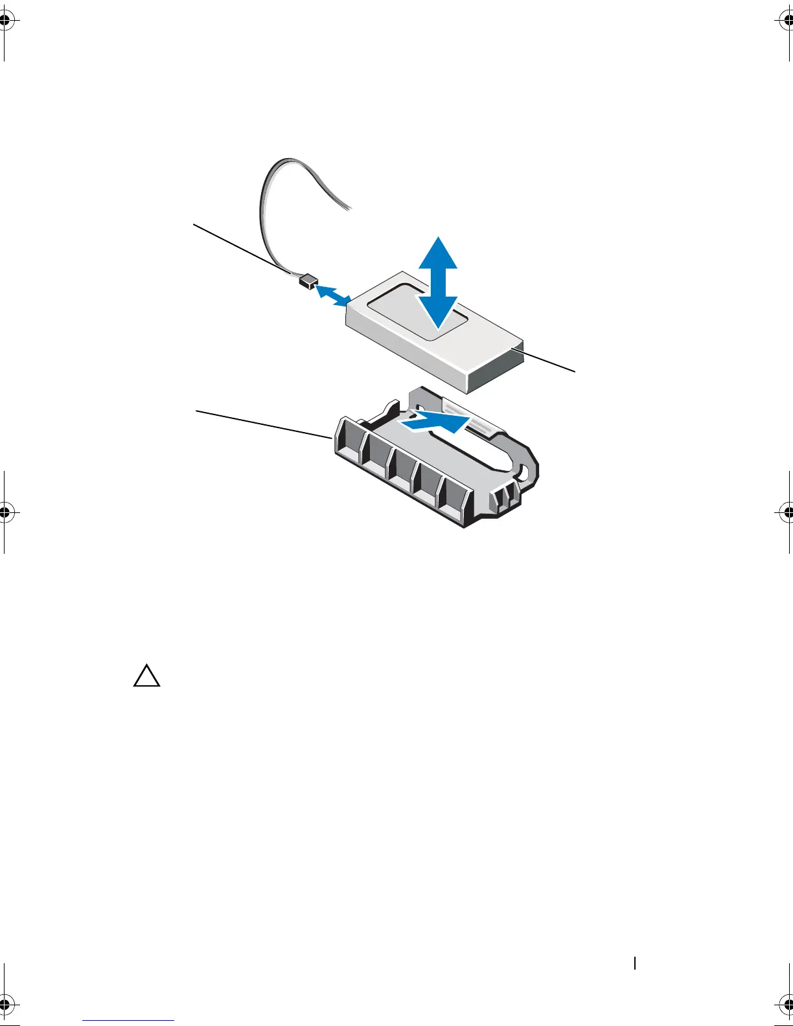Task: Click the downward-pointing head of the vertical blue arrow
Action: (438, 314)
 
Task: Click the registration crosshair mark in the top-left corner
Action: (5, 20)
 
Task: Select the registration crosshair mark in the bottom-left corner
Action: (5, 1005)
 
